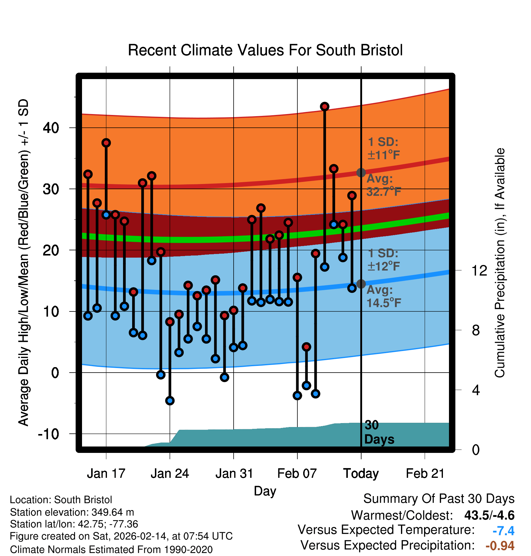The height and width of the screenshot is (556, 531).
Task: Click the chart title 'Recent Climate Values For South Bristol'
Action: [265, 50]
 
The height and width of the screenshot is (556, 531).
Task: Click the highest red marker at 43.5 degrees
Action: [325, 106]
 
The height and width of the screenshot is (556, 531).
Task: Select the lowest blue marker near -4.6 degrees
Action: [170, 401]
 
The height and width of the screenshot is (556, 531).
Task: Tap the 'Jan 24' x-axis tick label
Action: [170, 474]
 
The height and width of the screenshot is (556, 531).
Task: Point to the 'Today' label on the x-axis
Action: [361, 474]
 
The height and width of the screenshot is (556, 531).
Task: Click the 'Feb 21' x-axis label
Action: [425, 474]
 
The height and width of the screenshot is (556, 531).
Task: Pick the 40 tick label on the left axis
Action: [51, 128]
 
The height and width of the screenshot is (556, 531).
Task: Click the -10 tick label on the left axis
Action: [48, 434]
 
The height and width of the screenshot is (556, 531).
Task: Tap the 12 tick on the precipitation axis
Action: [479, 270]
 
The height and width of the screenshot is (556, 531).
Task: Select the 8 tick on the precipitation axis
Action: [476, 330]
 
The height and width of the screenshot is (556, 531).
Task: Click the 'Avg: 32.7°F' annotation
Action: [383, 185]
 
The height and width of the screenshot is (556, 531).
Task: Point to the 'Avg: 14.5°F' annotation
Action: [383, 296]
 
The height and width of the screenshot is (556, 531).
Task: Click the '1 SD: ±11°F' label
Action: [383, 148]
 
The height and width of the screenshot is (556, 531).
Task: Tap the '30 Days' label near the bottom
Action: [379, 432]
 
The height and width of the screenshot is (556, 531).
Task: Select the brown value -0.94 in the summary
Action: [500, 546]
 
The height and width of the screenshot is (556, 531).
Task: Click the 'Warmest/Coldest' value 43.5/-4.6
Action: [489, 515]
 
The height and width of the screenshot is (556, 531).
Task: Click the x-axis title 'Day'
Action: [265, 491]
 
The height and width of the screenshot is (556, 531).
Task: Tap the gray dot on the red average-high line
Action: [361, 172]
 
